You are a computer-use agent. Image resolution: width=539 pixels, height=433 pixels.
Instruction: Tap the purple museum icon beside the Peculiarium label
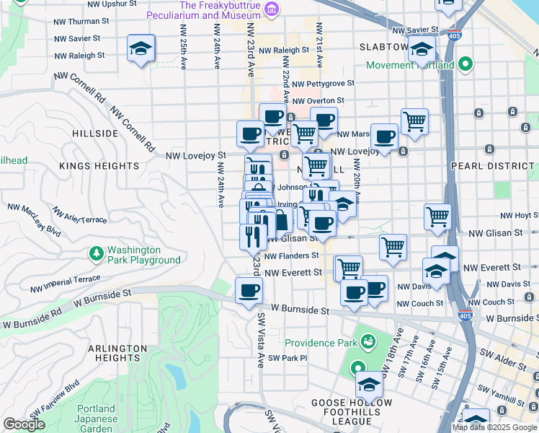pyautogui.click(x=272, y=9)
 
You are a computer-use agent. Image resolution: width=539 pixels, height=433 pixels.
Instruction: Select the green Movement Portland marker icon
pyautogui.click(x=465, y=65)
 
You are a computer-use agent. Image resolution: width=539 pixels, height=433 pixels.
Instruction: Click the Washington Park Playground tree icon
pyautogui.click(x=96, y=255)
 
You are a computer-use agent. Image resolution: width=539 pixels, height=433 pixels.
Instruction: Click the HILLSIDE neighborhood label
pyautogui.click(x=95, y=134)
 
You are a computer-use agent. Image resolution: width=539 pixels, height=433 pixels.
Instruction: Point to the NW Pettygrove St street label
pyautogui.click(x=324, y=84)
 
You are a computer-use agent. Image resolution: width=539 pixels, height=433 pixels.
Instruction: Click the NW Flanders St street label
pyautogui.click(x=292, y=255)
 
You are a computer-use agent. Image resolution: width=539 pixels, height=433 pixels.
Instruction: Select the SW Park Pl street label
pyautogui.click(x=288, y=358)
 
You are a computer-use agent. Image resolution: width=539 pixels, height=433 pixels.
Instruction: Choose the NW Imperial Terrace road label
pyautogui.click(x=66, y=283)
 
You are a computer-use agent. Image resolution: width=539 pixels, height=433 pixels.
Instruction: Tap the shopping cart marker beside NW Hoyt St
pyautogui.click(x=437, y=216)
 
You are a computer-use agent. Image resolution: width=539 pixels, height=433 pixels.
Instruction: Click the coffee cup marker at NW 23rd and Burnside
pyautogui.click(x=249, y=291)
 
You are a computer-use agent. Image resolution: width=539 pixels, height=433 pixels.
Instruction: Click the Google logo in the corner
pyautogui.click(x=24, y=424)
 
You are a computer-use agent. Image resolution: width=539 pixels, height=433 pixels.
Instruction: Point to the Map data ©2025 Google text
pyautogui.click(x=494, y=427)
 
